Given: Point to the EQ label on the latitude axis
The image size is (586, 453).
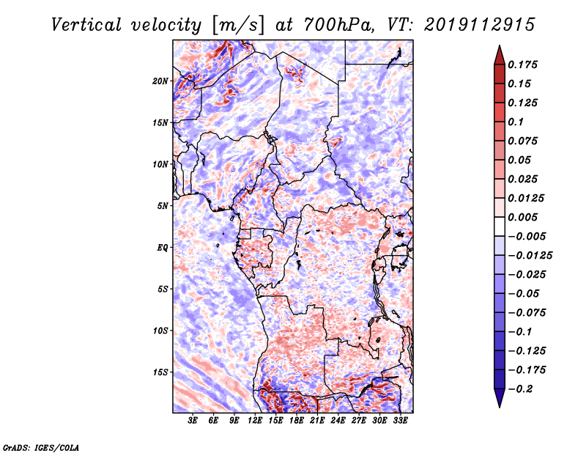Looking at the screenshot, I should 163,248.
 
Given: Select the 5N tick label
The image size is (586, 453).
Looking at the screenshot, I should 163,206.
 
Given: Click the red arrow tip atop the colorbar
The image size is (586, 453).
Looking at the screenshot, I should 499,53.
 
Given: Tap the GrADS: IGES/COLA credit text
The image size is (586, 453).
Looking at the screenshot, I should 40,446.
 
